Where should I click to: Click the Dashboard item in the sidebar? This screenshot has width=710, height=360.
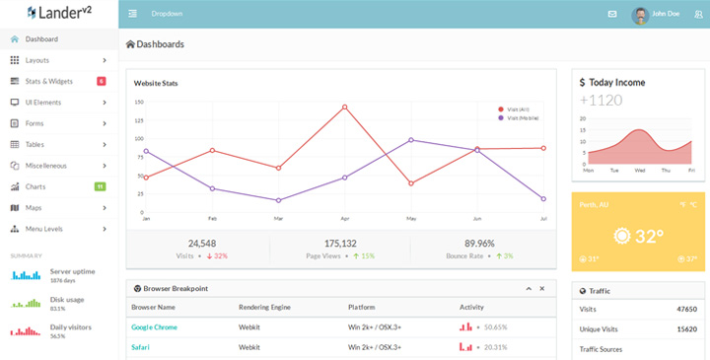point(41,39)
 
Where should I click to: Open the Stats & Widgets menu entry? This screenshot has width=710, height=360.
point(49,81)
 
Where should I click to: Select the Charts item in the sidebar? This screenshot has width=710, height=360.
point(35,186)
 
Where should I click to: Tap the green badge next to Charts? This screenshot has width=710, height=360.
point(101,186)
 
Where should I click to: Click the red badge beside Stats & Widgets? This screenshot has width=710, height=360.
point(102,81)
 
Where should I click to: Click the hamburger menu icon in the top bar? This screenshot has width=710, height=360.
point(133,14)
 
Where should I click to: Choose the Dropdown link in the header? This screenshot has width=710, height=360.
point(167,14)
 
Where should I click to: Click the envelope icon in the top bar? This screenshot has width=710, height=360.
point(611,14)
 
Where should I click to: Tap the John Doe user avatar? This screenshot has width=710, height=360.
point(640,15)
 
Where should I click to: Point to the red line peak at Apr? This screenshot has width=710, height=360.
point(344,107)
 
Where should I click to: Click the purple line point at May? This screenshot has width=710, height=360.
point(411,140)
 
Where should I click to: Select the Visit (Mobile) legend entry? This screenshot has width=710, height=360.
point(523,117)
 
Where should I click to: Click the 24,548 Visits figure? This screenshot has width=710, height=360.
point(201,243)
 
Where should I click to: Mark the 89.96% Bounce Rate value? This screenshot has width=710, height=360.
point(478,243)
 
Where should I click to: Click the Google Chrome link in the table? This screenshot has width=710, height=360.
point(154,326)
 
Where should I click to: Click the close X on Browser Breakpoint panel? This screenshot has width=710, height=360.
point(541,288)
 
